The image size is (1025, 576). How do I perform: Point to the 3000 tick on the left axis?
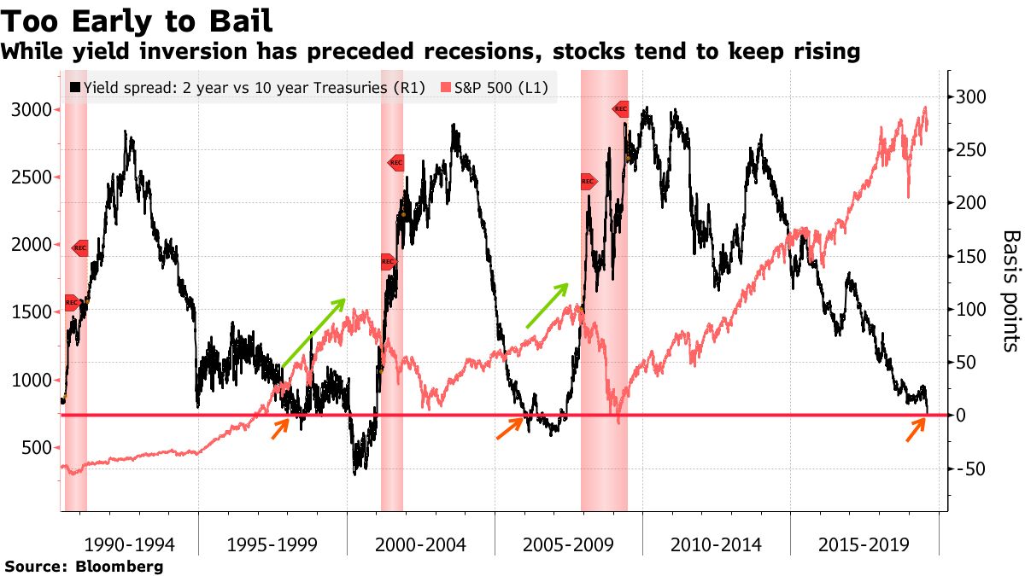pos(33,110)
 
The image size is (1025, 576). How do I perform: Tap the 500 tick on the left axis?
pos(38,447)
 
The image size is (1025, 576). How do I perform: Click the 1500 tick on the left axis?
pos(33,312)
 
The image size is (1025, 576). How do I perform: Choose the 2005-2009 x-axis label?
pos(568,544)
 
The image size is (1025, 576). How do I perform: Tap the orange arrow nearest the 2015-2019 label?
pos(916,431)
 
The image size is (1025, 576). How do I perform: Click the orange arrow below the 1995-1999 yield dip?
pos(280,430)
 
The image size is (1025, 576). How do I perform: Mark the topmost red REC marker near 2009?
pos(621,108)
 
